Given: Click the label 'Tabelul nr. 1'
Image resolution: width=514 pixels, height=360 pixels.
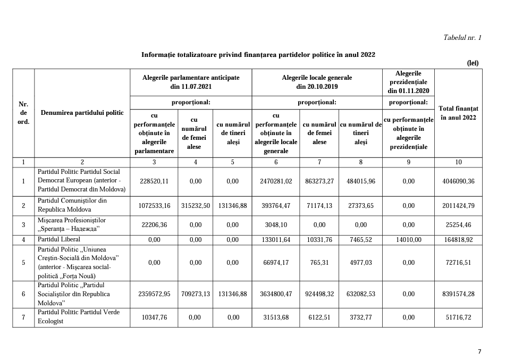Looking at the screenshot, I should pos(462,38).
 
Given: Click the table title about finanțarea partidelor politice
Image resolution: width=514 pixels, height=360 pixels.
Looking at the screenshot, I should pos(258,55).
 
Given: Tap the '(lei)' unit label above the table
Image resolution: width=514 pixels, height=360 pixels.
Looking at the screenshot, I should pos(473,63).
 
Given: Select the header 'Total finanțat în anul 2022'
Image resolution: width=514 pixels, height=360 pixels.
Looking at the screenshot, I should pos(458,113).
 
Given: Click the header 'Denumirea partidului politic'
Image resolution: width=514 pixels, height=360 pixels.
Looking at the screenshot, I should pos(82,113).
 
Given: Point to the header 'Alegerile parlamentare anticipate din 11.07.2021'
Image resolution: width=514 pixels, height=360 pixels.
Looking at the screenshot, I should pos(191,82).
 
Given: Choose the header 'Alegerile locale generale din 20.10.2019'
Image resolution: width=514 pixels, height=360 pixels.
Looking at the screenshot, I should pos(317,82).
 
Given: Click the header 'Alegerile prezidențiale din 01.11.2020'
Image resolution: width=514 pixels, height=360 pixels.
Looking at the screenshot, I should pos(408,82).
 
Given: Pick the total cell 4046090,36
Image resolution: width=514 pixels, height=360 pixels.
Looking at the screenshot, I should pos(458,181).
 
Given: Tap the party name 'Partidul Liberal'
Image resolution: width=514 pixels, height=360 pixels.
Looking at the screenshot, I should pos(59,240).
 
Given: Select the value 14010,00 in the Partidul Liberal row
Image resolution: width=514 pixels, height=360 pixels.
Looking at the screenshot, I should pos(408,240).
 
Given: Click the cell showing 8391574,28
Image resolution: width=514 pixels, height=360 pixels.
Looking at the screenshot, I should pos(458,294).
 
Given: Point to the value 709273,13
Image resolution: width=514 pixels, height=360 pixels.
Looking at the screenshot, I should pos(195,294).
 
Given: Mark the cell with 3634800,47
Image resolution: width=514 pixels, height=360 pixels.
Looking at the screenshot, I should pos(276,294).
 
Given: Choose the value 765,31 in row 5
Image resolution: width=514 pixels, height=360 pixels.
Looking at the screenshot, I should pos(319,262).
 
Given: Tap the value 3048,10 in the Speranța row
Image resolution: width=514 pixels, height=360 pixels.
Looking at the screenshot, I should pos(276,225).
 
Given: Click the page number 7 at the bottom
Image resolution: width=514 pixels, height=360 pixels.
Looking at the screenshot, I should pos(479,351).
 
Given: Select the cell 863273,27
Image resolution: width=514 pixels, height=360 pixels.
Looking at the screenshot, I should pos(319,181).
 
